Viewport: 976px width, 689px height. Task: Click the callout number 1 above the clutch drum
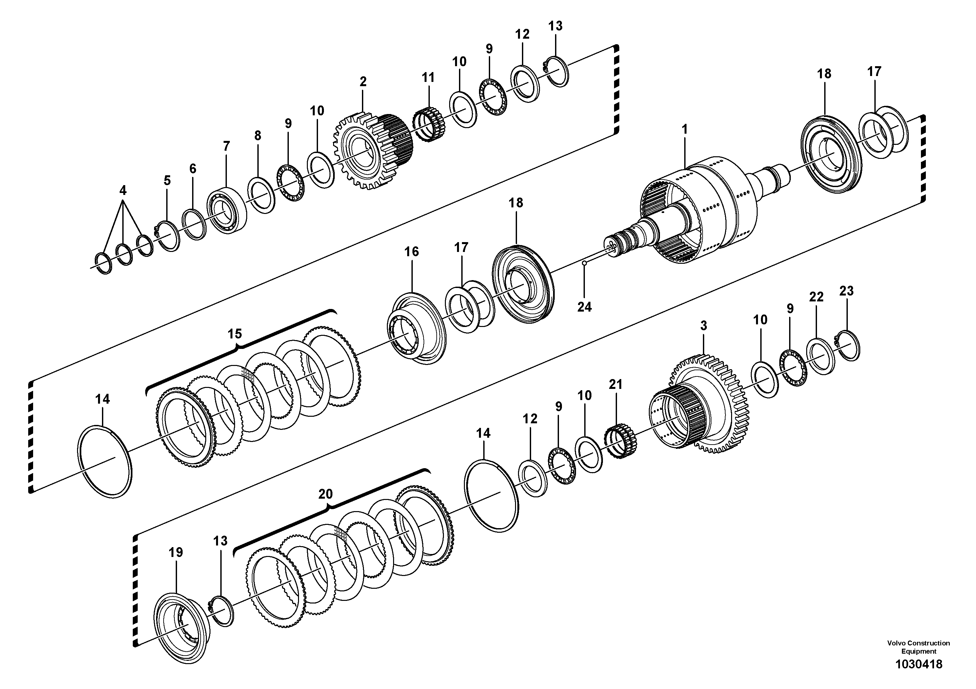pyautogui.click(x=685, y=129)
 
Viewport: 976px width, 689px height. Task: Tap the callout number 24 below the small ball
pyautogui.click(x=584, y=307)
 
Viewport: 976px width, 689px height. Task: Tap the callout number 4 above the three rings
pyautogui.click(x=123, y=190)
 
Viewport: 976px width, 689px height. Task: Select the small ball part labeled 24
pyautogui.click(x=585, y=264)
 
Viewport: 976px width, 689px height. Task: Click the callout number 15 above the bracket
pyautogui.click(x=235, y=334)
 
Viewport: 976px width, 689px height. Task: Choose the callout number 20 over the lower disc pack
pyautogui.click(x=326, y=494)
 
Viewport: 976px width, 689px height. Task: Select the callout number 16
pyautogui.click(x=411, y=252)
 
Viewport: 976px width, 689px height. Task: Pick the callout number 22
pyautogui.click(x=816, y=297)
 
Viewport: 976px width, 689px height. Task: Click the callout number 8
pyautogui.click(x=258, y=136)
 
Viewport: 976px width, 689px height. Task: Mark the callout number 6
pyautogui.click(x=193, y=169)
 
